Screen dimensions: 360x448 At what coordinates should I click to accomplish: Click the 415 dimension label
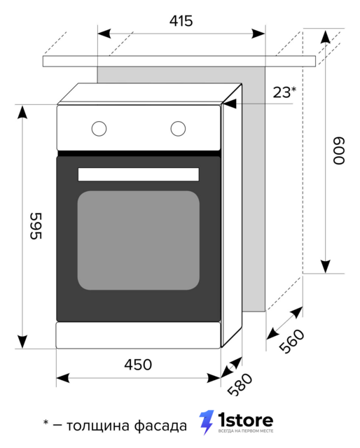coord(181,21)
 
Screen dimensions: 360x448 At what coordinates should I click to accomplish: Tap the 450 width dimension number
coord(138,365)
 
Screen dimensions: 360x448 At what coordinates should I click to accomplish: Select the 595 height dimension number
coord(36,225)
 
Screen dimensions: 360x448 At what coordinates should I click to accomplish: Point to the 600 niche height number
coord(339,150)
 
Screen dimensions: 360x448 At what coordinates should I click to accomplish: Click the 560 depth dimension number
coord(291,341)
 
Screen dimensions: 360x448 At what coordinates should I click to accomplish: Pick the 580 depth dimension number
coord(240,384)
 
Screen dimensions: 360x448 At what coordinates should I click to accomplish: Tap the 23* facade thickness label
coord(284,92)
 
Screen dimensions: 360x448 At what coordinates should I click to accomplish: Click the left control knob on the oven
coord(99,129)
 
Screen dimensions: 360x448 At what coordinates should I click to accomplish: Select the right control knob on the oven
coord(178,129)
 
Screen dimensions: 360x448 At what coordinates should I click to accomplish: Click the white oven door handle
coord(139,174)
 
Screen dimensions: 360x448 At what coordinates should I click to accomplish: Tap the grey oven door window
coord(139,240)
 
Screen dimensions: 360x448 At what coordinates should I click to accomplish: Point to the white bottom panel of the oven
coord(139,335)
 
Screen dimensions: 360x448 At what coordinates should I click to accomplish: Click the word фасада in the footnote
coord(160,426)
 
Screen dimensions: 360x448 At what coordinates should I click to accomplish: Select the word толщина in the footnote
coord(98,426)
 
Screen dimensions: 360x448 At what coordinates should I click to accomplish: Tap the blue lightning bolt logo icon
coord(207,422)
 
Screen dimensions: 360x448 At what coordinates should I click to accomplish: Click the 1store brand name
coord(246,420)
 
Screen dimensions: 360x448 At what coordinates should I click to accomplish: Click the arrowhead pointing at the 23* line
coord(230,104)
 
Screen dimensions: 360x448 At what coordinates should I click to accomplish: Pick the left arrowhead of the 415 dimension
coord(104,34)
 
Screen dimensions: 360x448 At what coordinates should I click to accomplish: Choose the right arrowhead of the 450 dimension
coord(214,378)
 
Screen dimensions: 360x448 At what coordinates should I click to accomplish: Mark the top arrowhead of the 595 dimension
coord(22,112)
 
